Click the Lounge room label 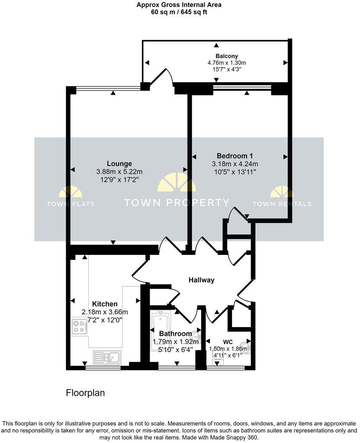[x=120, y=164]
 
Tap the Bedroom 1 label [x=235, y=156]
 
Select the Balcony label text [x=227, y=56]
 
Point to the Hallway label [x=201, y=280]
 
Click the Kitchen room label [x=105, y=304]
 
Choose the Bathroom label [x=175, y=334]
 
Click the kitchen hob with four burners [x=79, y=326]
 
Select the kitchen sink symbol [x=107, y=357]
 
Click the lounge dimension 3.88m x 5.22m [x=119, y=172]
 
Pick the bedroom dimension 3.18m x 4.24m [x=235, y=164]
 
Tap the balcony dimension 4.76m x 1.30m [x=227, y=63]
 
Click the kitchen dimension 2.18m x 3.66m [x=105, y=312]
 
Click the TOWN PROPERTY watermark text [x=177, y=202]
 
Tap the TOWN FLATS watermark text [x=70, y=204]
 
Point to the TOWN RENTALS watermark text [x=282, y=204]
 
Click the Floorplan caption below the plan [x=85, y=393]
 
